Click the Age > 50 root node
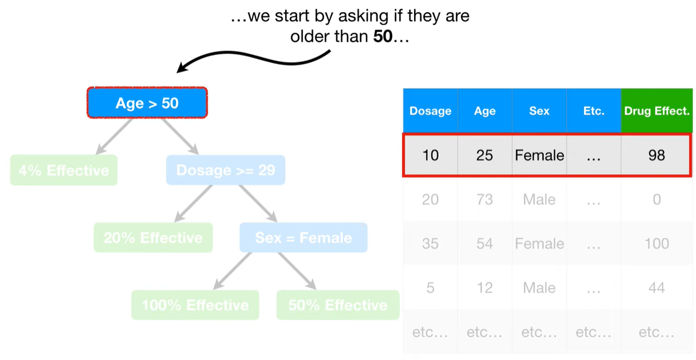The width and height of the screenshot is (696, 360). click(147, 102)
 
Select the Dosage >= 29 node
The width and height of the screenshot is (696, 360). click(226, 170)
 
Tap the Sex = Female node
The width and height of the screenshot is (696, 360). click(303, 237)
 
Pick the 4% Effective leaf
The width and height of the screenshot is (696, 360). click(64, 170)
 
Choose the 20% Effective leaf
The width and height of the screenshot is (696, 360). click(153, 237)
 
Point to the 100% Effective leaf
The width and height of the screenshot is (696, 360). click(195, 305)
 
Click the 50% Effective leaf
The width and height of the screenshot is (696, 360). click(338, 305)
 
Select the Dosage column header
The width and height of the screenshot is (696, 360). click(430, 111)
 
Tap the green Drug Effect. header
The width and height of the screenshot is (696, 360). click(657, 111)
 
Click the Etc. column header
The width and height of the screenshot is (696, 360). click(594, 111)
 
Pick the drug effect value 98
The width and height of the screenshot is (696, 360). click(657, 155)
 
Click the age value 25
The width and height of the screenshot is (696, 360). click(484, 155)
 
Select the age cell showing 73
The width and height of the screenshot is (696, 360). click(484, 199)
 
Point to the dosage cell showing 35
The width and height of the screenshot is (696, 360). click(430, 243)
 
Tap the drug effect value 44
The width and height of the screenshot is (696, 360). click(657, 287)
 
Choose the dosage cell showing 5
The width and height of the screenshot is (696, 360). click(430, 287)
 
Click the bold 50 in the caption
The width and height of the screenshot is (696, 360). click(383, 37)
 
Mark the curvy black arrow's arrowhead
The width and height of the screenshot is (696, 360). click(182, 67)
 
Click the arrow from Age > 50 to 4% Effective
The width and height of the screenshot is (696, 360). click(114, 137)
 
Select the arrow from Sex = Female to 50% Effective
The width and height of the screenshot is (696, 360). click(297, 271)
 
